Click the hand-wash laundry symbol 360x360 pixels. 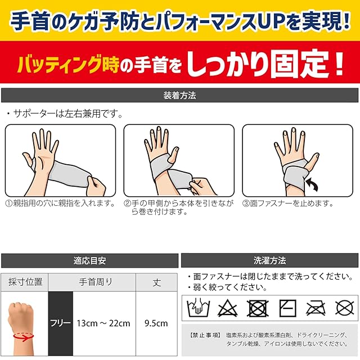coord(199,308)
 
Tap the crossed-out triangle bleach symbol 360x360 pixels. coord(227,308)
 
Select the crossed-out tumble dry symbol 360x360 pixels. coord(258,308)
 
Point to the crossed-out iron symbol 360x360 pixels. coord(316,308)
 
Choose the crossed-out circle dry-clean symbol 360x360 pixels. coord(345,308)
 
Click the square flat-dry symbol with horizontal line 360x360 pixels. coord(287,308)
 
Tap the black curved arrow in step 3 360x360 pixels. coord(313,184)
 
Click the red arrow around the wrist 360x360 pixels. coord(23,336)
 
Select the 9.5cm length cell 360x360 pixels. coord(156,323)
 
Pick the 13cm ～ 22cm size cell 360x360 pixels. coord(103,323)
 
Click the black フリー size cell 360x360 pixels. coord(61,323)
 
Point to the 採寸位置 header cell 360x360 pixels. coord(25,282)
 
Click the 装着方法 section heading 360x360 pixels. coord(179,95)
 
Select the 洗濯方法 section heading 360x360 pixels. coord(269,260)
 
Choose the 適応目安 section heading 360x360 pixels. coord(89,260)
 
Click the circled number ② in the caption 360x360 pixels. coord(127,203)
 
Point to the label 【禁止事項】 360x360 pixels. coord(205,335)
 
